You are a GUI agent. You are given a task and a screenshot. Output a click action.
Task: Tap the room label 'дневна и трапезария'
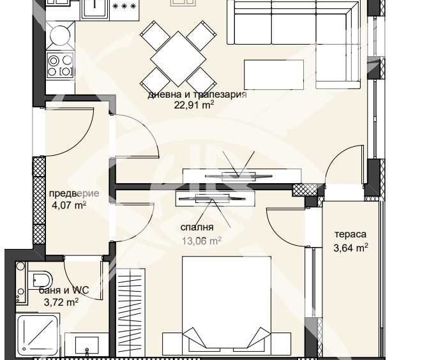[x=197, y=94]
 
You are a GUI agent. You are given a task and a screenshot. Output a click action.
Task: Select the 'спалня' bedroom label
[x=197, y=227]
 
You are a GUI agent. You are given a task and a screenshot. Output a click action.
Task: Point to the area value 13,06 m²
[x=201, y=241]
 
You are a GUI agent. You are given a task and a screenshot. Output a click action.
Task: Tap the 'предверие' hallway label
[x=74, y=194]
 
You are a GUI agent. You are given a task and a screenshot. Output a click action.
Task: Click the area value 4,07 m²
[x=68, y=206]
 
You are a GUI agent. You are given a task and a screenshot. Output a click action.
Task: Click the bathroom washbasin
[x=86, y=345]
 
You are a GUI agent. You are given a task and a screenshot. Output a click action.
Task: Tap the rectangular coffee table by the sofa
[x=273, y=74]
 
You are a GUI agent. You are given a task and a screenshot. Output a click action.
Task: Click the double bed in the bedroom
[x=227, y=306]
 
